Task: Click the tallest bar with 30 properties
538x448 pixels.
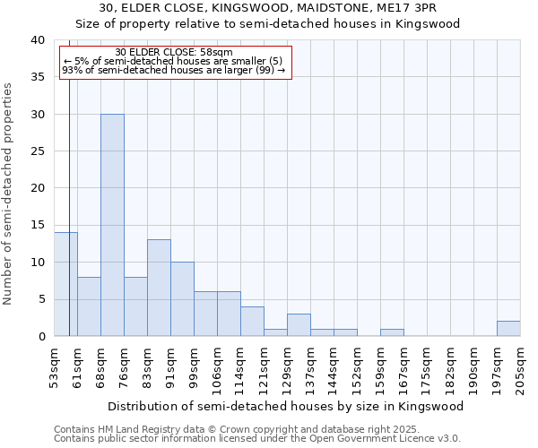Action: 112,225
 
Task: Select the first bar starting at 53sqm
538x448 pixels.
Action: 65,284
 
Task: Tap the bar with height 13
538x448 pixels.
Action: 159,288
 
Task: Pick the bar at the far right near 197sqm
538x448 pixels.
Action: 508,329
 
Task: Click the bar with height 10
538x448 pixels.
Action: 182,299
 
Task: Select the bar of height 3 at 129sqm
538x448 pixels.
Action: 299,325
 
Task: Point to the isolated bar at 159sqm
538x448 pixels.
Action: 392,332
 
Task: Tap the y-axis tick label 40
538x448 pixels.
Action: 37,40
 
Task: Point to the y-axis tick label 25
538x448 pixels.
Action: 37,151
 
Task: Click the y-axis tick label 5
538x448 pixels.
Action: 40,299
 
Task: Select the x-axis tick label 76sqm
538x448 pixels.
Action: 124,366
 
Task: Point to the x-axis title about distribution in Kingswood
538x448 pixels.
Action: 286,406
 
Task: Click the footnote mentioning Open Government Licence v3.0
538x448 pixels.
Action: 257,438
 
